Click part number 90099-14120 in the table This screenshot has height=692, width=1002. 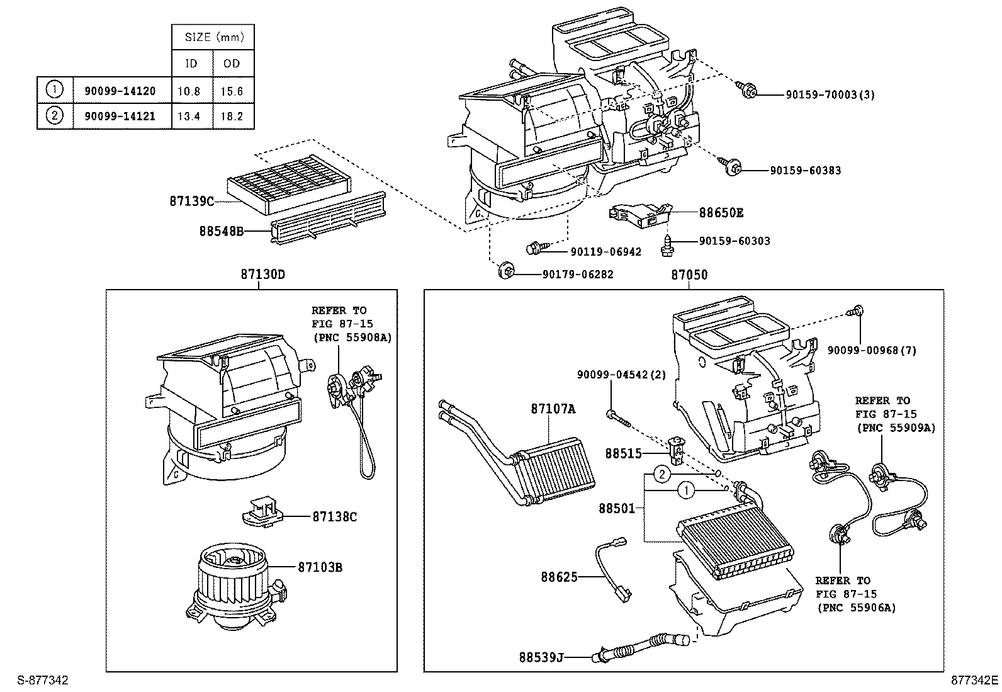(120, 91)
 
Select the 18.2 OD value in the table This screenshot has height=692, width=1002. (232, 116)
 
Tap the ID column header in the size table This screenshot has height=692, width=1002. (191, 64)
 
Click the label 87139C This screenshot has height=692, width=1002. (191, 201)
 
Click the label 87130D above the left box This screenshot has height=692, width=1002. (262, 275)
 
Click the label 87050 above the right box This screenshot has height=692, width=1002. (689, 275)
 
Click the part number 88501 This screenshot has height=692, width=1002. (616, 508)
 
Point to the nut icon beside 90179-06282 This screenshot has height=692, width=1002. (506, 272)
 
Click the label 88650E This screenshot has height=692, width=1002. (721, 213)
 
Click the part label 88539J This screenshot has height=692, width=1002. (541, 657)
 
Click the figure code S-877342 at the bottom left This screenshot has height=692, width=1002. (42, 681)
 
